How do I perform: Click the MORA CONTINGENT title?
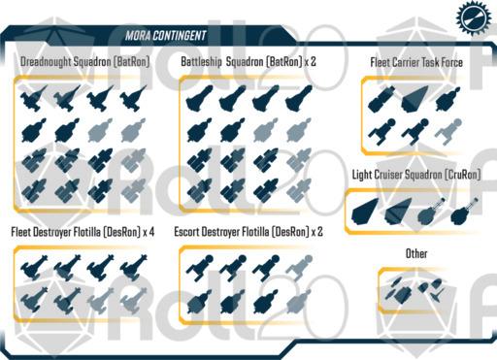tap(166, 35)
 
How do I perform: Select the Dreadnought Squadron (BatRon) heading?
tap(84, 61)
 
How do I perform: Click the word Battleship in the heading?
tap(201, 61)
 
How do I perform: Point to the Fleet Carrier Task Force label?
tap(416, 62)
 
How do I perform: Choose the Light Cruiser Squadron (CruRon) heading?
tap(416, 175)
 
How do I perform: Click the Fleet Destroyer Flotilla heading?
tap(76, 232)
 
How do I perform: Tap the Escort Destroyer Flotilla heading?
tap(242, 232)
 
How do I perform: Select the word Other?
tap(416, 253)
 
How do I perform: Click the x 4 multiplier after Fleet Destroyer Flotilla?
tap(149, 232)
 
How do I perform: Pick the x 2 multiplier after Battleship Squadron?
tap(311, 61)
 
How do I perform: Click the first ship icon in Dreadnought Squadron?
tap(34, 98)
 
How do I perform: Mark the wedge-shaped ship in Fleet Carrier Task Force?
tap(414, 99)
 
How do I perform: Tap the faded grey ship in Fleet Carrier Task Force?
tap(448, 132)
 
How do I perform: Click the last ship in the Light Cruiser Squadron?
tap(465, 212)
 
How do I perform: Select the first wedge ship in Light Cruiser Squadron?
tap(365, 212)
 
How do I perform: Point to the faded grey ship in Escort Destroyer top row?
tap(299, 268)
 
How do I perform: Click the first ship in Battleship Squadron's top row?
tap(200, 98)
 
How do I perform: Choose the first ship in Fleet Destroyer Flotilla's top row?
tap(34, 268)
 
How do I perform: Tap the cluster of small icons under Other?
tap(414, 290)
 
